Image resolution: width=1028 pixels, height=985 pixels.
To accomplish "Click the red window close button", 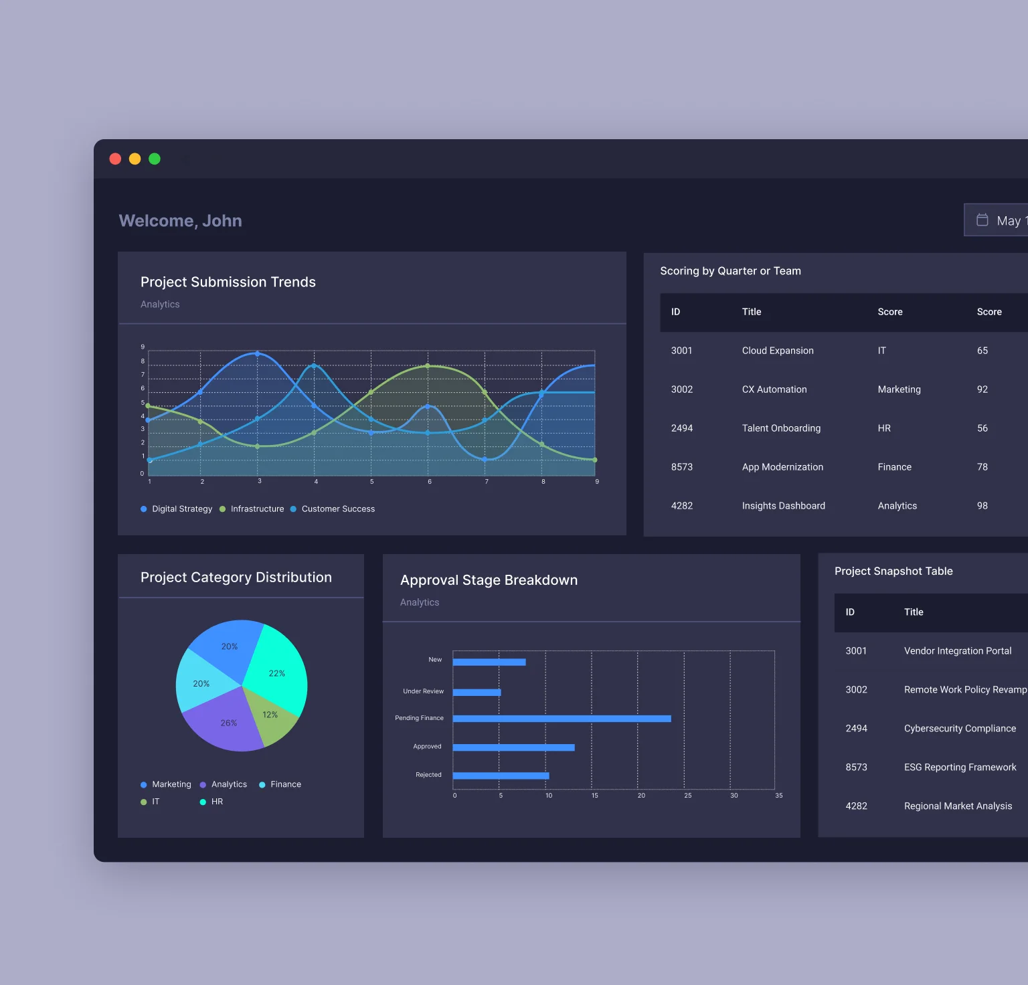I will [115, 159].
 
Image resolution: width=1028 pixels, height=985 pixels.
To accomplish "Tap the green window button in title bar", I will [155, 159].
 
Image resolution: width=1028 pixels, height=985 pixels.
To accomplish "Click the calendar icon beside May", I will [982, 220].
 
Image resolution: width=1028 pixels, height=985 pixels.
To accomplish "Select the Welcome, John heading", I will [180, 221].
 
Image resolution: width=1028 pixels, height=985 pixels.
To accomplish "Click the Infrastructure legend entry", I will [252, 509].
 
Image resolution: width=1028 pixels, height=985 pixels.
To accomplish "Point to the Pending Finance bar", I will [562, 719].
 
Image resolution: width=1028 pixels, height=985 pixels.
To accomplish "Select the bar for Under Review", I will [477, 693].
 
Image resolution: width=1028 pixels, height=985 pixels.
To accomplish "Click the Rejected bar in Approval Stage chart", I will [501, 776].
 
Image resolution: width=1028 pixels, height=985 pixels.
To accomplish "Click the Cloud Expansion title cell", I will [778, 351].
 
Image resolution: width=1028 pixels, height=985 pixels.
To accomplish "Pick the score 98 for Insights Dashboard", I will [982, 506].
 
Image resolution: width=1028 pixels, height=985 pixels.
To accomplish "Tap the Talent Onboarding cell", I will [781, 428].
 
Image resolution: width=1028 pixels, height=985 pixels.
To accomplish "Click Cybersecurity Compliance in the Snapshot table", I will [960, 729].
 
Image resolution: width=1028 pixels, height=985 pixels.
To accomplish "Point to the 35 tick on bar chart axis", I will [778, 796].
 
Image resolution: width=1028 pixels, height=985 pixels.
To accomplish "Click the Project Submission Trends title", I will [228, 282].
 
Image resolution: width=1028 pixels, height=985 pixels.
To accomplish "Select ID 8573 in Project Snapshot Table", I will [856, 768].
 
